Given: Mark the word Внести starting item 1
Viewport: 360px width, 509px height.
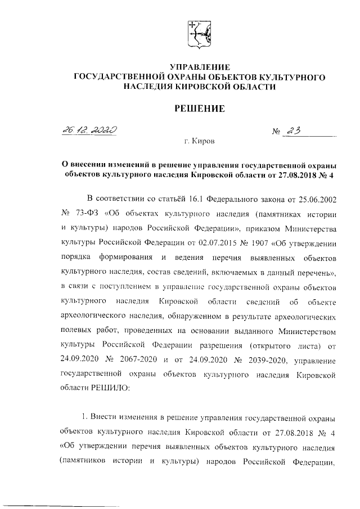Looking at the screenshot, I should tap(109, 420).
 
